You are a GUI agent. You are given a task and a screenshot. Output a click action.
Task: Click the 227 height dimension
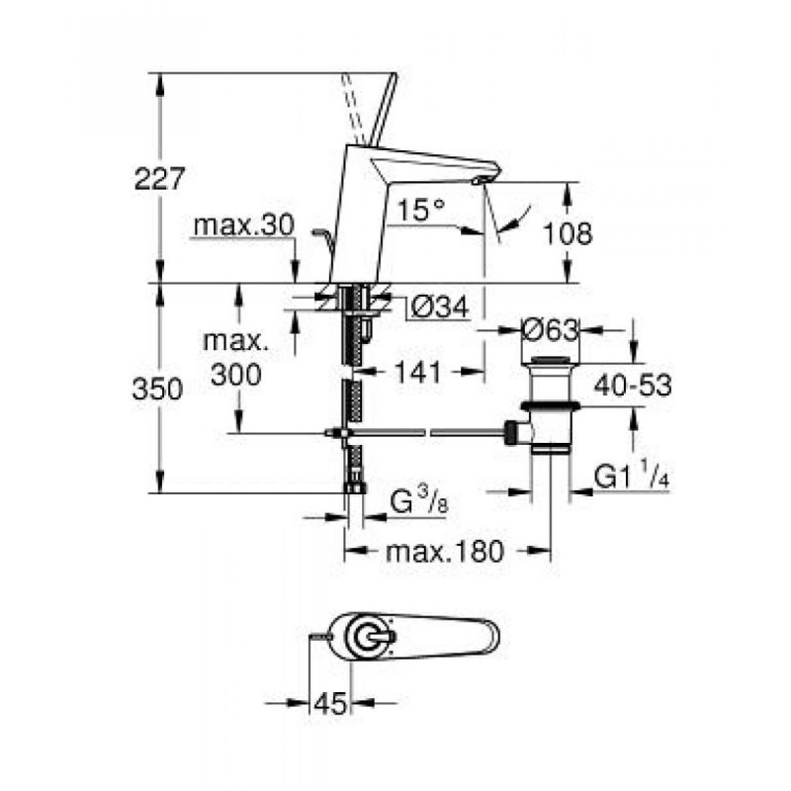pos(159,179)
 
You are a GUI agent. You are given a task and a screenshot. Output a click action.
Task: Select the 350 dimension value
pos(159,390)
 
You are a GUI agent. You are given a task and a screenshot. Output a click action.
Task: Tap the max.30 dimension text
pos(243,226)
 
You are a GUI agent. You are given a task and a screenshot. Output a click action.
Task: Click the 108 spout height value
pos(568,233)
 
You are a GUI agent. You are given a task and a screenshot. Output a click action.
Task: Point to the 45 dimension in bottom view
pos(331,704)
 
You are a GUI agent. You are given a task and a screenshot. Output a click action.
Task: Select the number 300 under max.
pos(235,375)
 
